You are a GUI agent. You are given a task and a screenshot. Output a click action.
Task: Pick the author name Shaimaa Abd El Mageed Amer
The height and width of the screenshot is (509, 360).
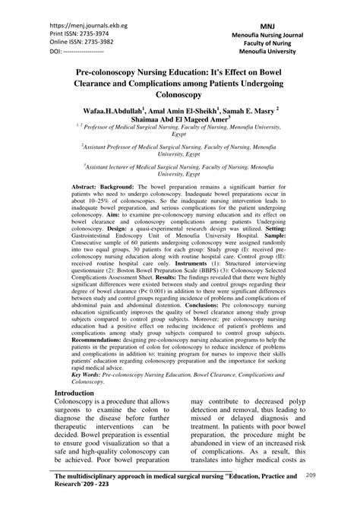[179, 122]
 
